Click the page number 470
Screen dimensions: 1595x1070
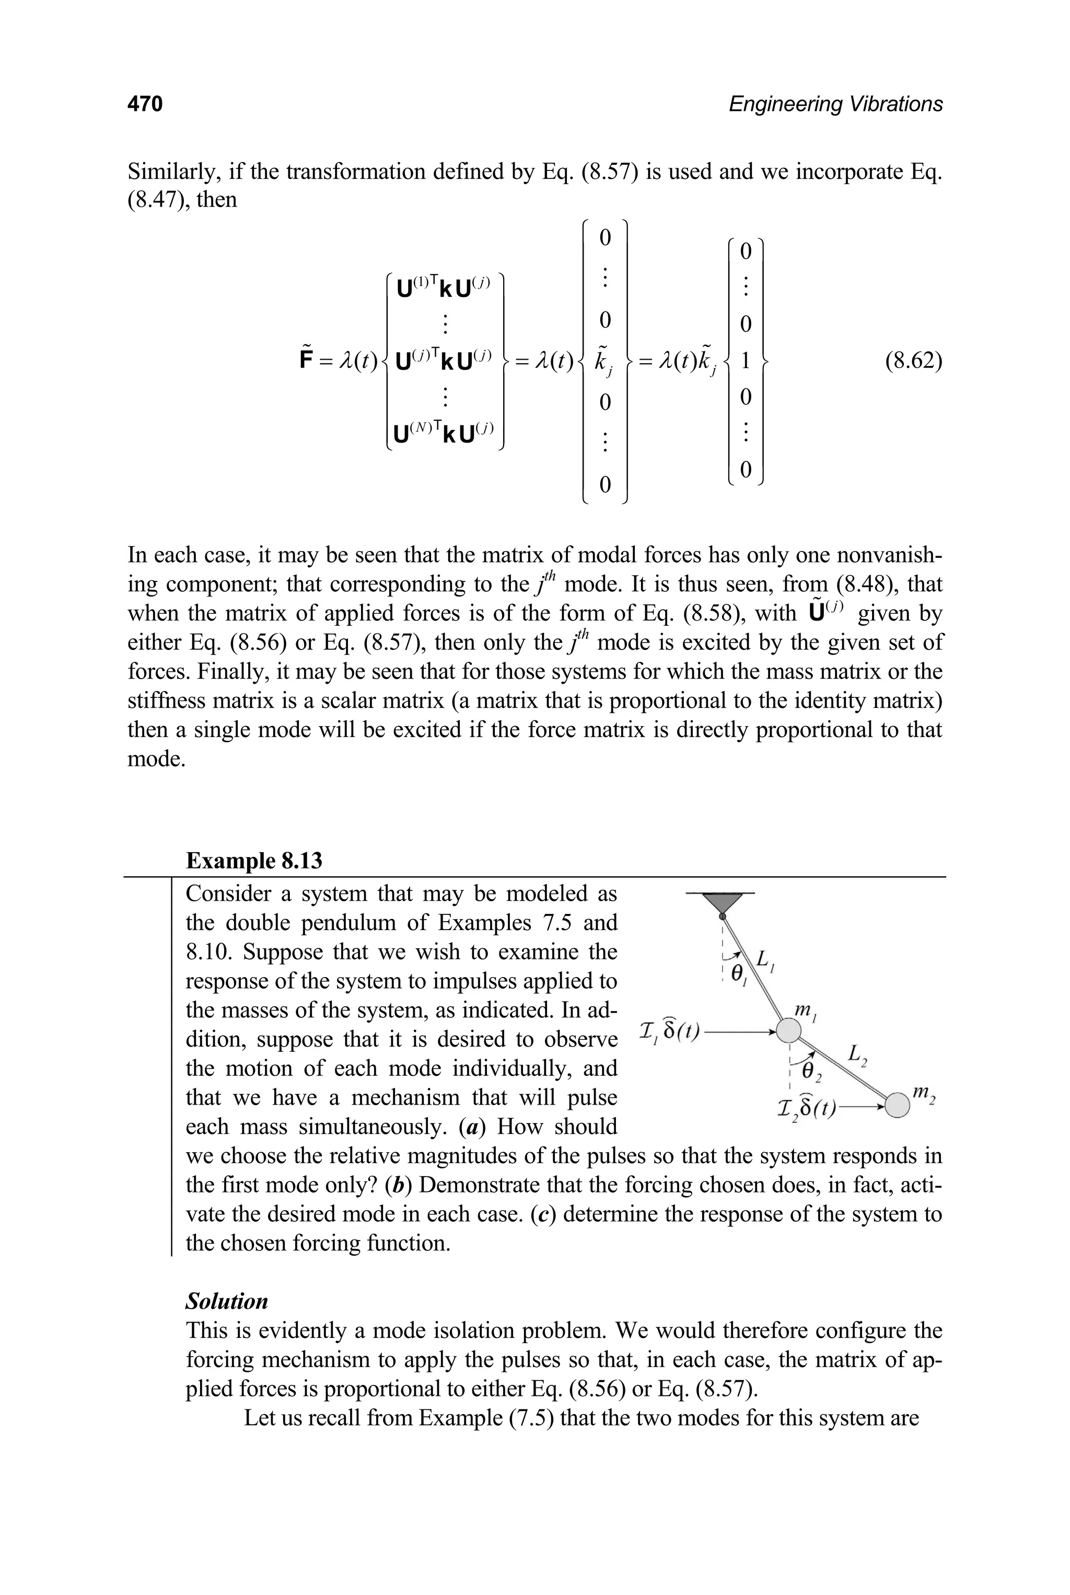145,104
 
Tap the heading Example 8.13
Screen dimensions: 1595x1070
254,861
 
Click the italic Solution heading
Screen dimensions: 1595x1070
227,1301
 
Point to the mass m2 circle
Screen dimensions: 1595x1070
898,1104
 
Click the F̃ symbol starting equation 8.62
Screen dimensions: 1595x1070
306,360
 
